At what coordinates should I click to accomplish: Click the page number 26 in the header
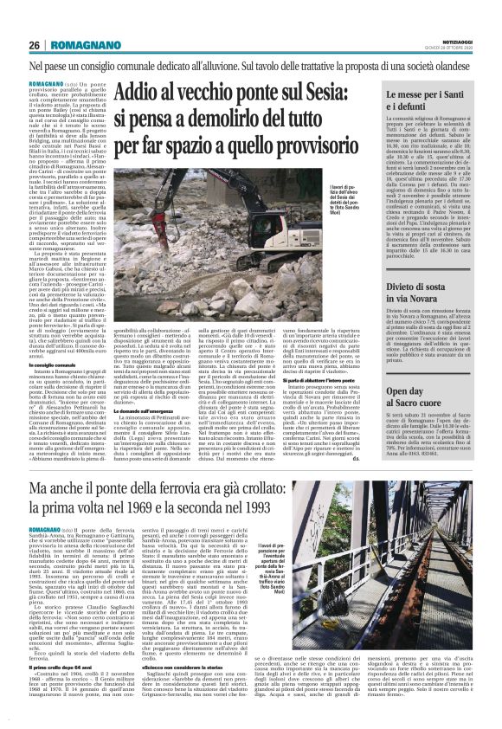(35, 45)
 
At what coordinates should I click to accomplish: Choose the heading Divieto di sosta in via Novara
(428, 288)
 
